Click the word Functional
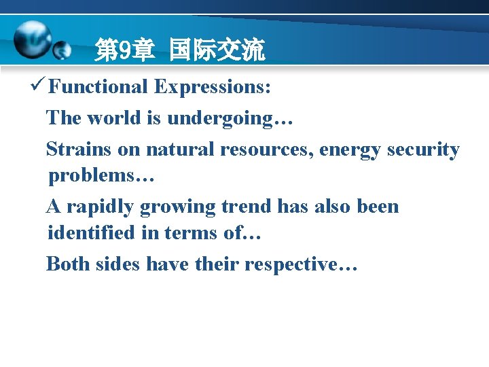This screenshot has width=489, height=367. [98, 87]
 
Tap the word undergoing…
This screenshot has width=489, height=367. [230, 119]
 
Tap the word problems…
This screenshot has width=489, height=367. [102, 177]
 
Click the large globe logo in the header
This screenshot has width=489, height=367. [33, 39]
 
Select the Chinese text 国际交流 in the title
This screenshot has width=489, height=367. [217, 50]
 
